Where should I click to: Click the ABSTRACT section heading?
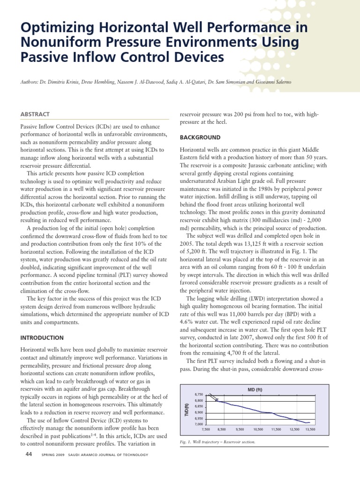[35, 114]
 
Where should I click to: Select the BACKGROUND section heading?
[201, 138]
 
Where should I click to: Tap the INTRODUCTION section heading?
[42, 337]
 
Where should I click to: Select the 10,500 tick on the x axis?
[258, 429]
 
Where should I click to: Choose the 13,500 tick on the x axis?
[310, 429]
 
